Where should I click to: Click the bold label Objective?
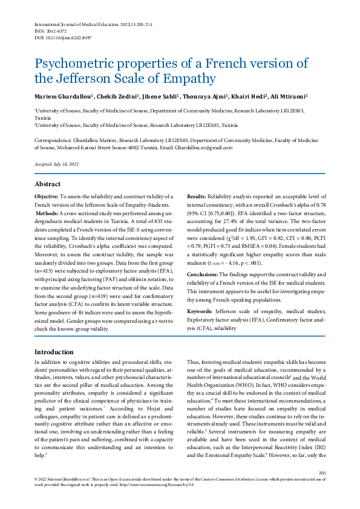pos(46,197)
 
